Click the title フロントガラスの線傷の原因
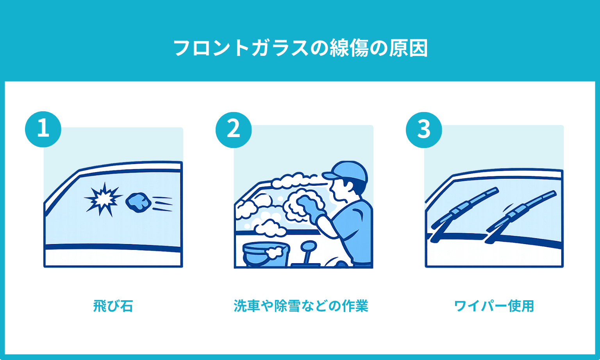pos(300,48)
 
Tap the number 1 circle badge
pos(43,129)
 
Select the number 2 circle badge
pos(234,130)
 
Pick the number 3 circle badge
pos(424,130)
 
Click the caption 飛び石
pos(113,306)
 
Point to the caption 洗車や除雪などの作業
pos(301,306)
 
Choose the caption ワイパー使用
pos(494,306)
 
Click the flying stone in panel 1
pos(138,202)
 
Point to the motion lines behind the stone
pos(162,204)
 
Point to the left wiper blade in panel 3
pos(465,207)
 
